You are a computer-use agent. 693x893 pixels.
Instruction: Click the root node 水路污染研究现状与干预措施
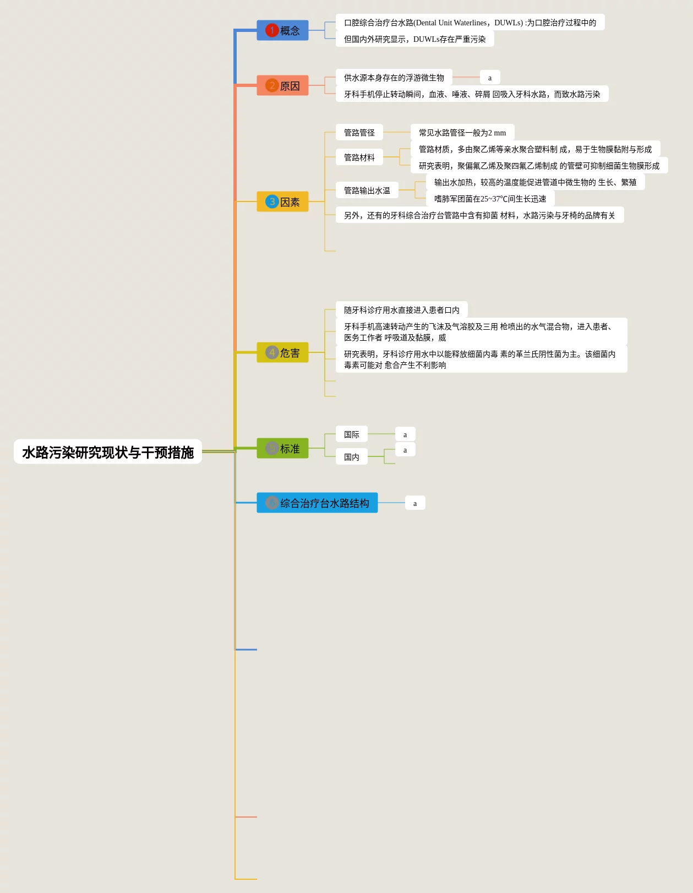[x=108, y=452]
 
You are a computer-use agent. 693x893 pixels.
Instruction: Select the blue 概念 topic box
[x=282, y=30]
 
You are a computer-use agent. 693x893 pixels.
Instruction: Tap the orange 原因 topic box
[x=282, y=86]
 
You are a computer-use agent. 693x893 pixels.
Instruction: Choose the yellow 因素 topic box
[x=282, y=202]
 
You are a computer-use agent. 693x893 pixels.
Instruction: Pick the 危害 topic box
[x=282, y=352]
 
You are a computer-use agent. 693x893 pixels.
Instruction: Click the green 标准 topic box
[x=282, y=449]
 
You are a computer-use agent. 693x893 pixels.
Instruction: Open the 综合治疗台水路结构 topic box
[x=317, y=503]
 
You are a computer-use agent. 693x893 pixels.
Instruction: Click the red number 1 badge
[x=272, y=30]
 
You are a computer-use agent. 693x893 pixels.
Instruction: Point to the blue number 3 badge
[x=272, y=202]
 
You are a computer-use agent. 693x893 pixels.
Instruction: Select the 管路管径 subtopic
[x=359, y=132]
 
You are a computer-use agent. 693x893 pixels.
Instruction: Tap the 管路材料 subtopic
[x=359, y=157]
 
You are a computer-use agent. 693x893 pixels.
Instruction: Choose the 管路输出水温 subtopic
[x=367, y=190]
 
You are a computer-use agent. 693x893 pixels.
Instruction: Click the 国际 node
[x=351, y=434]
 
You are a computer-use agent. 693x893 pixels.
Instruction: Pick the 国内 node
[x=351, y=456]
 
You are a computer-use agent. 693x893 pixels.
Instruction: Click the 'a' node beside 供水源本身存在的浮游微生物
[x=490, y=78]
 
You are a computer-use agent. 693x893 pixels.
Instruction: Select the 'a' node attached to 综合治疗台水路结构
[x=415, y=503]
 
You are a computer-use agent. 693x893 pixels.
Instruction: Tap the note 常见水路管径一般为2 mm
[x=462, y=132]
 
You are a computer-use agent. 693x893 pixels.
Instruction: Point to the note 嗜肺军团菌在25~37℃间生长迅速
[x=490, y=198]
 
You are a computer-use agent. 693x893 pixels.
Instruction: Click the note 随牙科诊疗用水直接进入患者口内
[x=401, y=309]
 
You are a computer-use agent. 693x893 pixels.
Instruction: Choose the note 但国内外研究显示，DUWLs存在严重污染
[x=414, y=39]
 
